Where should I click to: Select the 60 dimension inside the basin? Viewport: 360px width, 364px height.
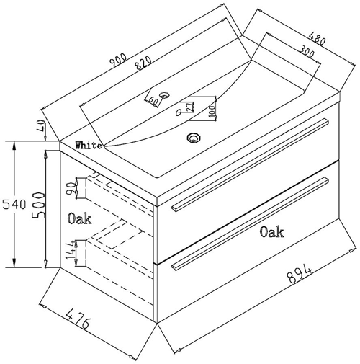coord(155,99)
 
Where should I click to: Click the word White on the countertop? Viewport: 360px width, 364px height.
coord(89,145)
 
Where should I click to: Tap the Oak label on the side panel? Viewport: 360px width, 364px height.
coord(80,218)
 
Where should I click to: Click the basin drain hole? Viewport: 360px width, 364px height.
coord(192,137)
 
